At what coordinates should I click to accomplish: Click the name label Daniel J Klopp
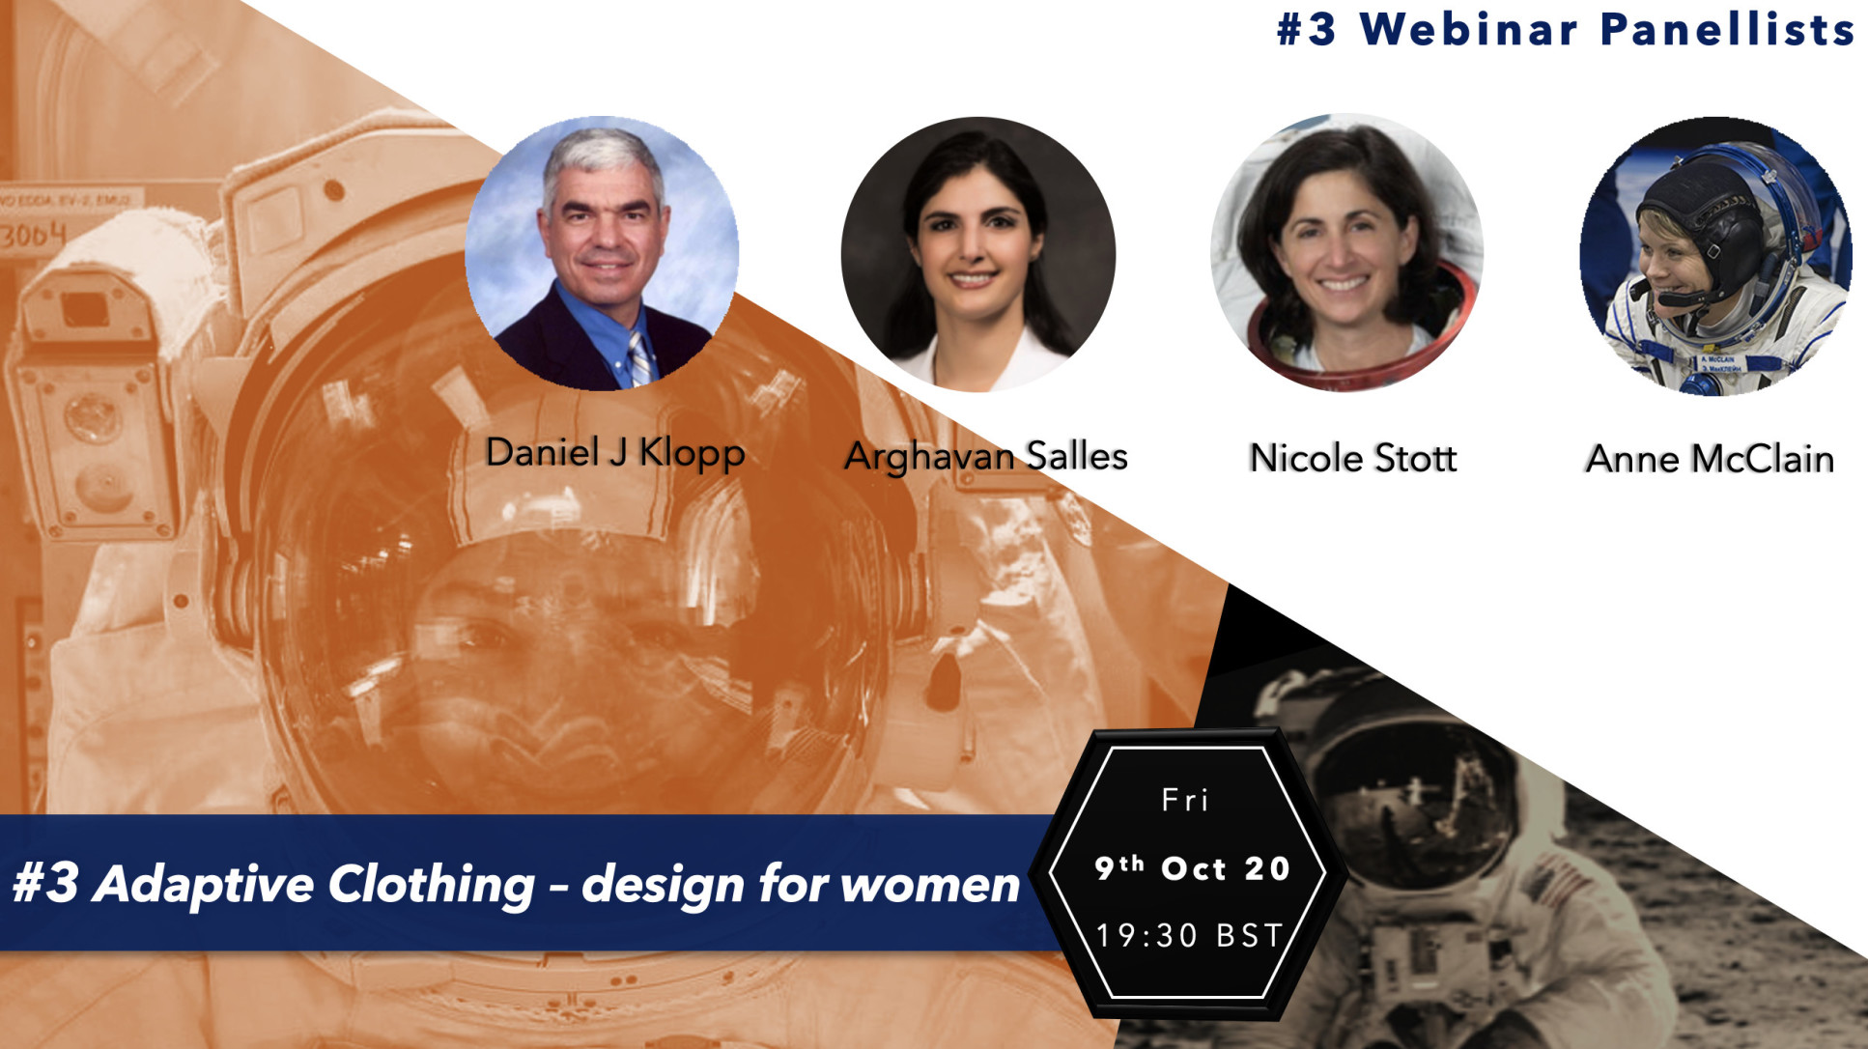click(x=614, y=452)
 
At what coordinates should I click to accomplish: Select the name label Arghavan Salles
click(x=986, y=456)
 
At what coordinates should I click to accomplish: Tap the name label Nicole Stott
click(x=1352, y=458)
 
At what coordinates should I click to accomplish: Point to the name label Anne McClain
click(x=1710, y=459)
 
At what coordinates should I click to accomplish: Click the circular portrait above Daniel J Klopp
click(x=602, y=253)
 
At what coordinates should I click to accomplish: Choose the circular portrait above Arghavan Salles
click(x=977, y=254)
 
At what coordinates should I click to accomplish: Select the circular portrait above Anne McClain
click(x=1715, y=256)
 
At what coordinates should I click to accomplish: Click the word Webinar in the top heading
click(x=1468, y=29)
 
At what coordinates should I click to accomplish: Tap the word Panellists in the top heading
click(x=1727, y=29)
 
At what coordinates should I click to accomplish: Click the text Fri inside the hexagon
click(x=1184, y=800)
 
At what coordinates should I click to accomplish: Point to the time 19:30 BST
click(x=1189, y=935)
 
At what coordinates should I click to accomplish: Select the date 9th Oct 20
click(x=1192, y=867)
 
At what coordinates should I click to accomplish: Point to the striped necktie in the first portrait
click(x=639, y=358)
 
